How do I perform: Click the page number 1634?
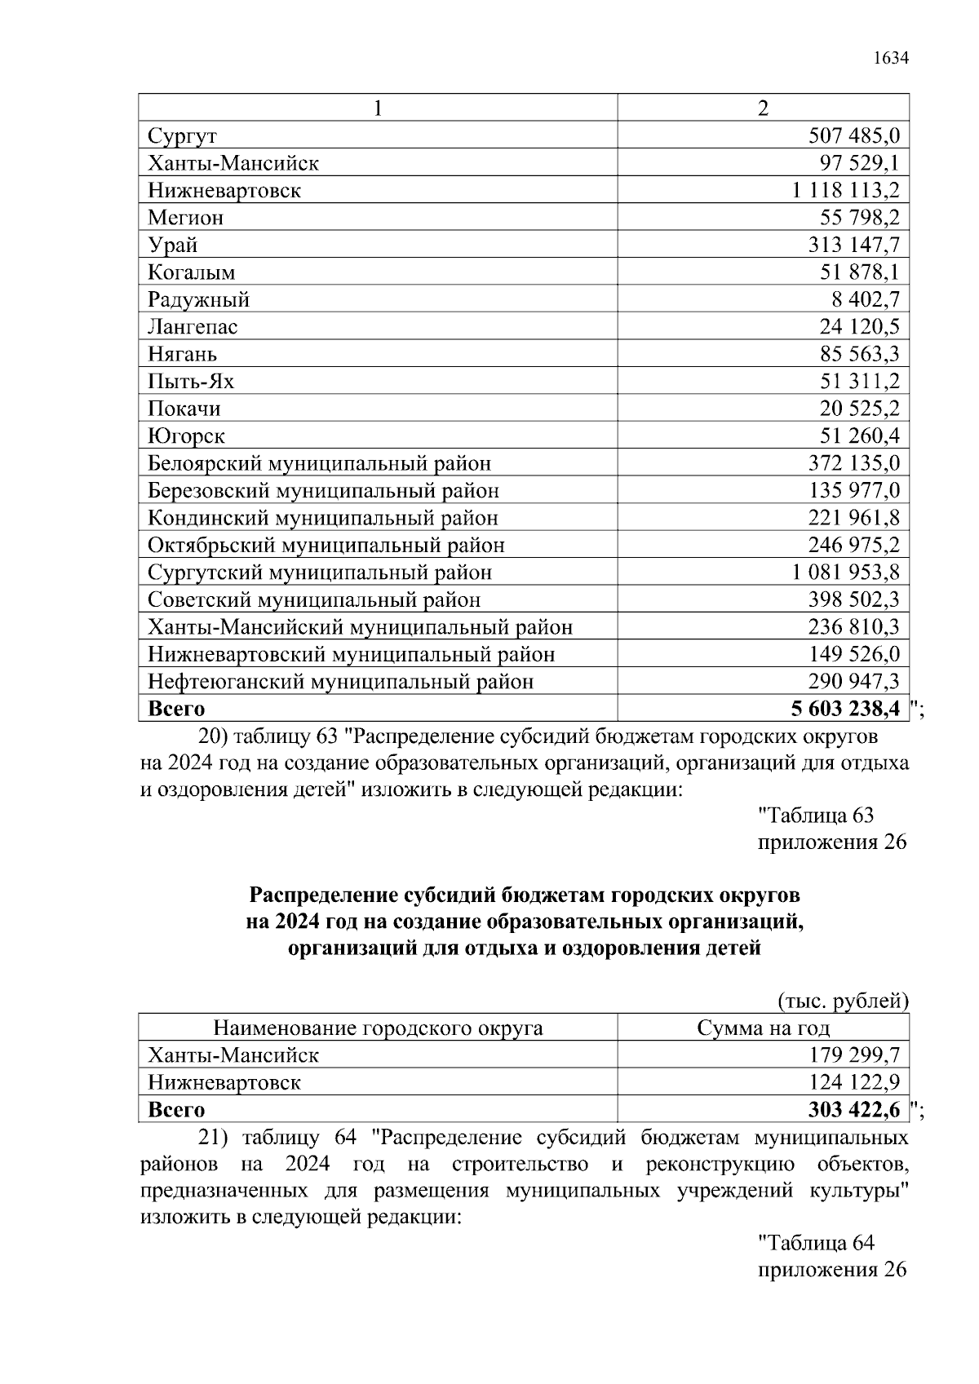pos(890,58)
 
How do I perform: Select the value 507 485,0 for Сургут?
pos(853,135)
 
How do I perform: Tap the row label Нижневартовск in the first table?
pos(224,190)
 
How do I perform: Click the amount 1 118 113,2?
pos(845,190)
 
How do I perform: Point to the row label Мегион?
pos(185,218)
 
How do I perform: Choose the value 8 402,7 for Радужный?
pos(866,299)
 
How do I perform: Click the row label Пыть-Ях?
pos(191,381)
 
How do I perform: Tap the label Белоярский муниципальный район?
pos(319,463)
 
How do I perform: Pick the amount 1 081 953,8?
pos(845,573)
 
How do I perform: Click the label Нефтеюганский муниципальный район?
pos(340,681)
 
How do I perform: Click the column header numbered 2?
pos(763,108)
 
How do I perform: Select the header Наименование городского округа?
pos(378,1028)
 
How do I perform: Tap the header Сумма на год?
pos(763,1028)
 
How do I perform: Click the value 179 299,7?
pos(853,1055)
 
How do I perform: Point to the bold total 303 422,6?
pos(853,1110)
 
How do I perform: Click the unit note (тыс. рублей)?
pos(843,1001)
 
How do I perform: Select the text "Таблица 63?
pos(816,815)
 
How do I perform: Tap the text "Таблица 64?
pos(816,1243)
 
